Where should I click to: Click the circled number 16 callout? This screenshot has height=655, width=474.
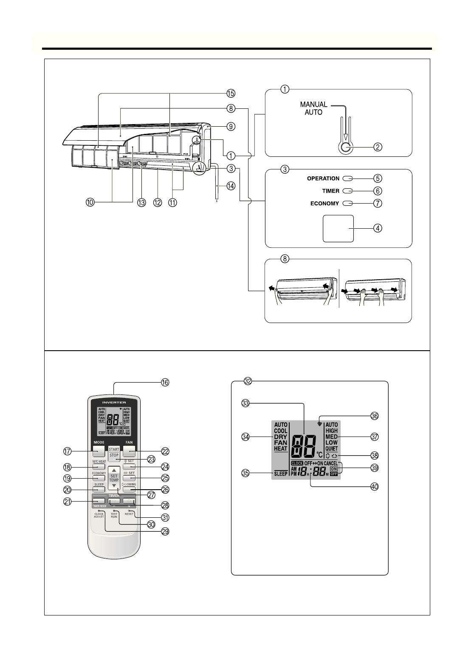tap(165, 382)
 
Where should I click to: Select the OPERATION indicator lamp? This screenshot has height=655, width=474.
tap(347, 179)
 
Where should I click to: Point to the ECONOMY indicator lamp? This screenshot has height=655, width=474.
tap(347, 203)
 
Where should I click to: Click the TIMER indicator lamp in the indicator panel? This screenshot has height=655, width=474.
tap(347, 191)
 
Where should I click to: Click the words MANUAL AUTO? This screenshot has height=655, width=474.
tap(313, 108)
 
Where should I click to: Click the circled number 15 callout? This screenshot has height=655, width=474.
tap(231, 93)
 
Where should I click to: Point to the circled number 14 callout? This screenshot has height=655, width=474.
tap(231, 186)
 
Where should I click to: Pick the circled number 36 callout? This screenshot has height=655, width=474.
tap(374, 416)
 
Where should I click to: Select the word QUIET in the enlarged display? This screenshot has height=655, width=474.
tap(332, 448)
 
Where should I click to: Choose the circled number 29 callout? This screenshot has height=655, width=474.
tap(165, 531)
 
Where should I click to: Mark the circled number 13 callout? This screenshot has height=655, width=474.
tap(142, 203)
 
